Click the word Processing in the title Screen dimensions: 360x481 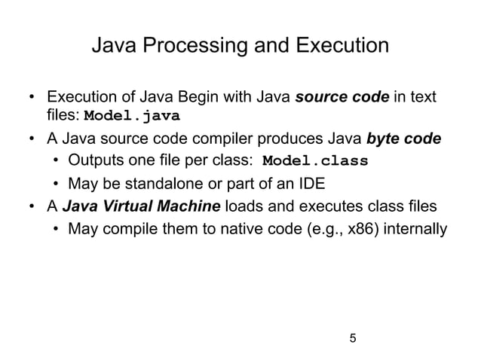coord(190,47)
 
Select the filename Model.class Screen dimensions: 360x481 coord(314,160)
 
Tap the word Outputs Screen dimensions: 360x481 coord(93,161)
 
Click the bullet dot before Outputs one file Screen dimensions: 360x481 coord(57,161)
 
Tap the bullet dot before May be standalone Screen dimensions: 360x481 coord(57,183)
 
